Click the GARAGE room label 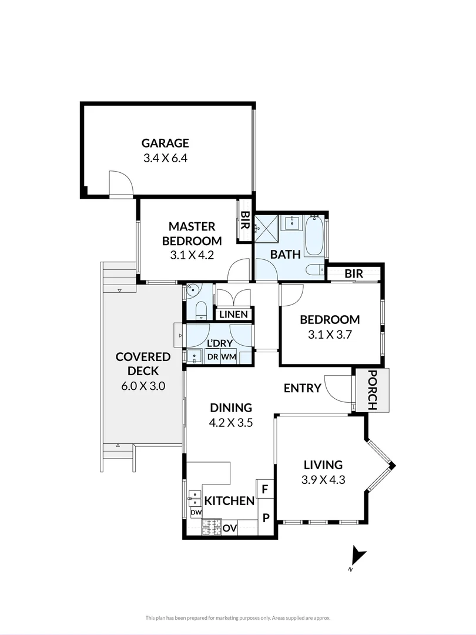[165, 143]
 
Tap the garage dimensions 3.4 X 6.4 [165, 158]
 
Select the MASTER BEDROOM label [192, 233]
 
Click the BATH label [286, 254]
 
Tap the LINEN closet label [233, 315]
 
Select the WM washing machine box [228, 357]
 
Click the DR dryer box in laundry [212, 357]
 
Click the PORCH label [373, 390]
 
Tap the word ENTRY [302, 388]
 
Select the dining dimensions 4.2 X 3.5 [231, 422]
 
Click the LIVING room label [323, 464]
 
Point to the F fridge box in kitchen [265, 489]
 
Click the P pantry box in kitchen [266, 518]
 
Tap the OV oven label [229, 528]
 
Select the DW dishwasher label [196, 513]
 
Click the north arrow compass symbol [357, 557]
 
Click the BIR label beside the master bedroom [245, 222]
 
